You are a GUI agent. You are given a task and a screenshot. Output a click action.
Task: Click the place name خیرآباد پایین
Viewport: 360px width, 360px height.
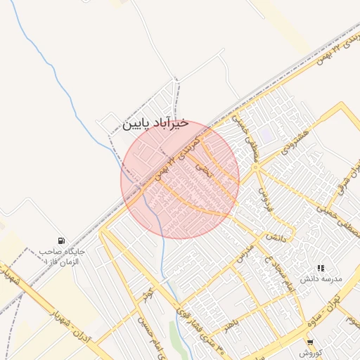[x=156, y=123]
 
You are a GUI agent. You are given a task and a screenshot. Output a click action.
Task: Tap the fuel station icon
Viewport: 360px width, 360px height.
[x=63, y=240]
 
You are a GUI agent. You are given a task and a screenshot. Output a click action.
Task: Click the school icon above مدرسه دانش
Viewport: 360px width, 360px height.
[x=321, y=268]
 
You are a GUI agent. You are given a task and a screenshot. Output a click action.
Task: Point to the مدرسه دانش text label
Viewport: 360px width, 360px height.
[x=321, y=279]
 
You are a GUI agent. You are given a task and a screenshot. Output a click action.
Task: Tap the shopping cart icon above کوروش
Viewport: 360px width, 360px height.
[x=310, y=342]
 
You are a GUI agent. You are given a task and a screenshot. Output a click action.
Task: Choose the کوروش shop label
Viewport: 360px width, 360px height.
[x=310, y=353]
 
